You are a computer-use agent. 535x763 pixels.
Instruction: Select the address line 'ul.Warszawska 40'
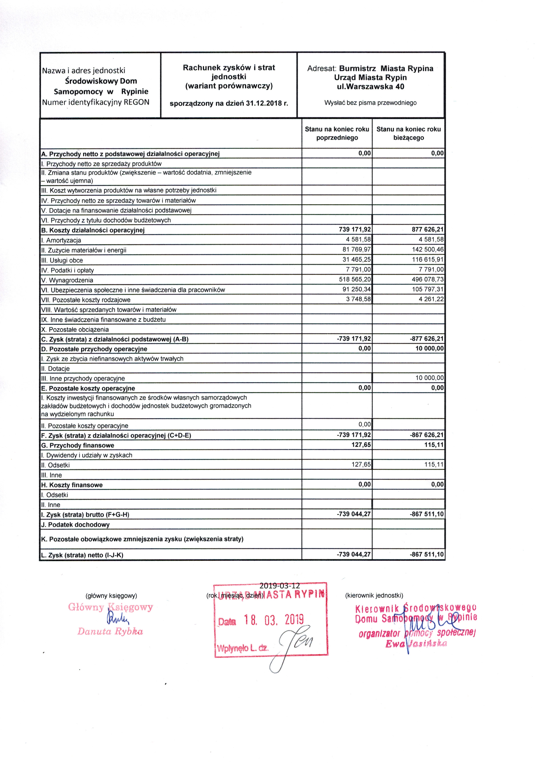[x=370, y=87]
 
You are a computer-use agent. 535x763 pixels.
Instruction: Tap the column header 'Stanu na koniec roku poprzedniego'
[x=337, y=133]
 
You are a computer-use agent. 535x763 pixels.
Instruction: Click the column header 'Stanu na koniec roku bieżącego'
[x=408, y=133]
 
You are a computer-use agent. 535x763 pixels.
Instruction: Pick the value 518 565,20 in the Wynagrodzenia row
[x=355, y=280]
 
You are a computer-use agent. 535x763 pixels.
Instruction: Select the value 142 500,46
[x=428, y=250]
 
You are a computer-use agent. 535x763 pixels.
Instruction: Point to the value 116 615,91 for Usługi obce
[x=428, y=260]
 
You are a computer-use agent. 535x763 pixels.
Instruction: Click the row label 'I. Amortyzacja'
[x=61, y=240]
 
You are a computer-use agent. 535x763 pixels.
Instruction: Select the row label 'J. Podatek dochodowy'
[x=75, y=525]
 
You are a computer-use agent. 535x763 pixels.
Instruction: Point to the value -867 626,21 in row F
[x=427, y=435]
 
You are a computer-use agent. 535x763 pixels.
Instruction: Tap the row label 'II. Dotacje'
[x=56, y=369]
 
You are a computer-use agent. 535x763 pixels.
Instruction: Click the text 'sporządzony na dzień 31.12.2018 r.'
[x=229, y=103]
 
